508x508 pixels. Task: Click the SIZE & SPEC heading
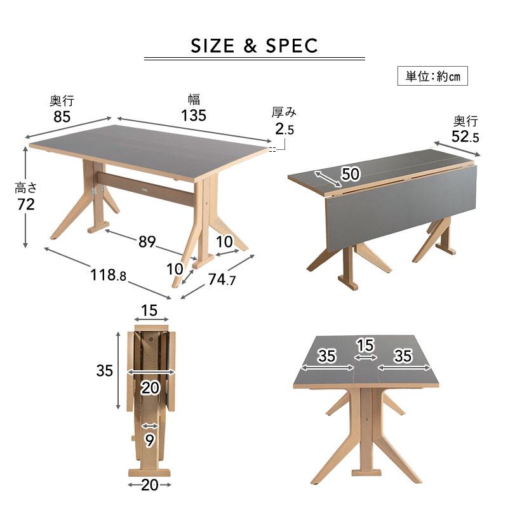254,46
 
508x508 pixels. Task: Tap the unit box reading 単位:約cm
432,76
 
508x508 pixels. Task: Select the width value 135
194,116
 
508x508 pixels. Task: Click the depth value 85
62,117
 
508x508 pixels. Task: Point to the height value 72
26,204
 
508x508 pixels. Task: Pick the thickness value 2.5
284,129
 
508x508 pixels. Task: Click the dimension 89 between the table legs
147,242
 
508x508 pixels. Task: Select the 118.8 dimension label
108,276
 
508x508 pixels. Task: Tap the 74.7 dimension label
222,279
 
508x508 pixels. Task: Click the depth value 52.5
465,137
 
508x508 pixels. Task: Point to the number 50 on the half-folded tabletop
351,174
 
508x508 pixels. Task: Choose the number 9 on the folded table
149,441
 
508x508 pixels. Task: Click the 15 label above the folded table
149,311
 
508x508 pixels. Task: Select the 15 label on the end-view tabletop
366,345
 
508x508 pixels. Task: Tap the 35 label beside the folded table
104,370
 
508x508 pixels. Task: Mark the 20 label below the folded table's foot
150,485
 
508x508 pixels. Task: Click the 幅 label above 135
194,100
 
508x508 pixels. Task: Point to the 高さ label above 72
26,188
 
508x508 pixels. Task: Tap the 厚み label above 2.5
284,112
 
